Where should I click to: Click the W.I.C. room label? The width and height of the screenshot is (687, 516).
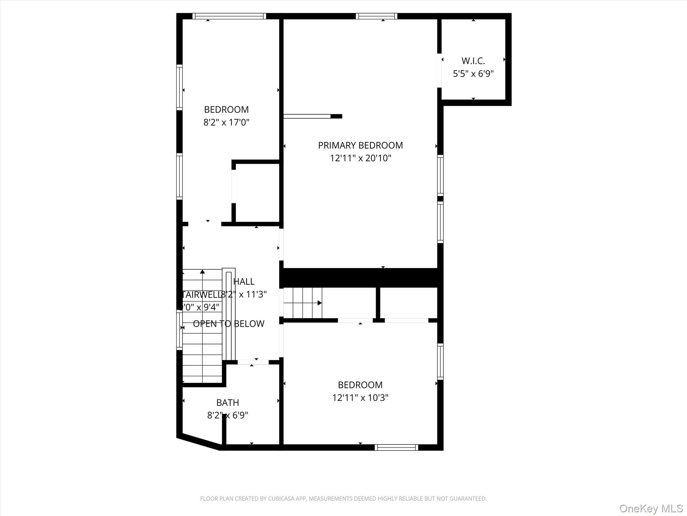click(x=473, y=61)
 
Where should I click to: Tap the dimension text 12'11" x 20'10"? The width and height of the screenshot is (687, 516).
click(x=360, y=158)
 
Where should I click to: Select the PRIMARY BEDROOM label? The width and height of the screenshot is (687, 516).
click(x=360, y=145)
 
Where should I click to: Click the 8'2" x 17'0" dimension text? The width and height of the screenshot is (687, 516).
click(x=226, y=122)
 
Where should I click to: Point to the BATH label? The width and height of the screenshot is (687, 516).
click(x=227, y=402)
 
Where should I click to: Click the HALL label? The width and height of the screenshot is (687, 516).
click(x=244, y=282)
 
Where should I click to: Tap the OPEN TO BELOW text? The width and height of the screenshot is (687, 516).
click(x=228, y=324)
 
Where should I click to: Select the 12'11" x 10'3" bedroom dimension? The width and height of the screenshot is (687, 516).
click(x=360, y=398)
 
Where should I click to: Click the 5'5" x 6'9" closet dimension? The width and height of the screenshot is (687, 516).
click(x=473, y=74)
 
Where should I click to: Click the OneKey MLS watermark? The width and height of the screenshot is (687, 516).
click(x=651, y=508)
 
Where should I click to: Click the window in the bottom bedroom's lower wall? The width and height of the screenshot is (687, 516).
click(x=396, y=447)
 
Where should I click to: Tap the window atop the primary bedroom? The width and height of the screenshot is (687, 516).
click(x=376, y=16)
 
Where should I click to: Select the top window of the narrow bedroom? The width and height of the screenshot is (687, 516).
click(x=229, y=16)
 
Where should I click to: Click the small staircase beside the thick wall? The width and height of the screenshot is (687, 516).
click(x=303, y=303)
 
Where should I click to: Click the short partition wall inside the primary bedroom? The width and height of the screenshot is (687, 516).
click(x=312, y=116)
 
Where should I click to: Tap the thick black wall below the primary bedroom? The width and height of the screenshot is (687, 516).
click(x=361, y=277)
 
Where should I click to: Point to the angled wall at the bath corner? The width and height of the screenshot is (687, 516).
click(x=199, y=442)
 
